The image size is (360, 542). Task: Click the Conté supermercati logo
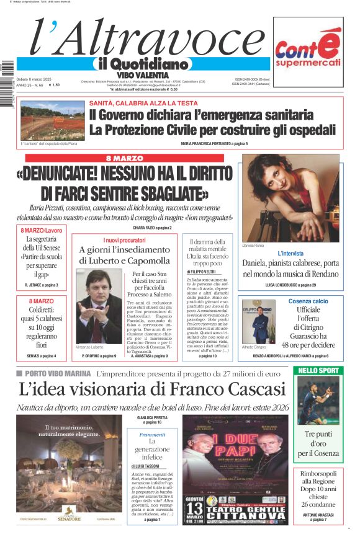click(x=308, y=51)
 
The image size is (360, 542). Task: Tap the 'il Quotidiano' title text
click(x=142, y=64)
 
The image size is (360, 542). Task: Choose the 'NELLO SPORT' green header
click(x=318, y=371)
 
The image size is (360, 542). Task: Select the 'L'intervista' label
click(x=290, y=253)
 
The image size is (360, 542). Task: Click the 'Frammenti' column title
click(x=152, y=435)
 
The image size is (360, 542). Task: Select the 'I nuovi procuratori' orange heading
click(x=121, y=239)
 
